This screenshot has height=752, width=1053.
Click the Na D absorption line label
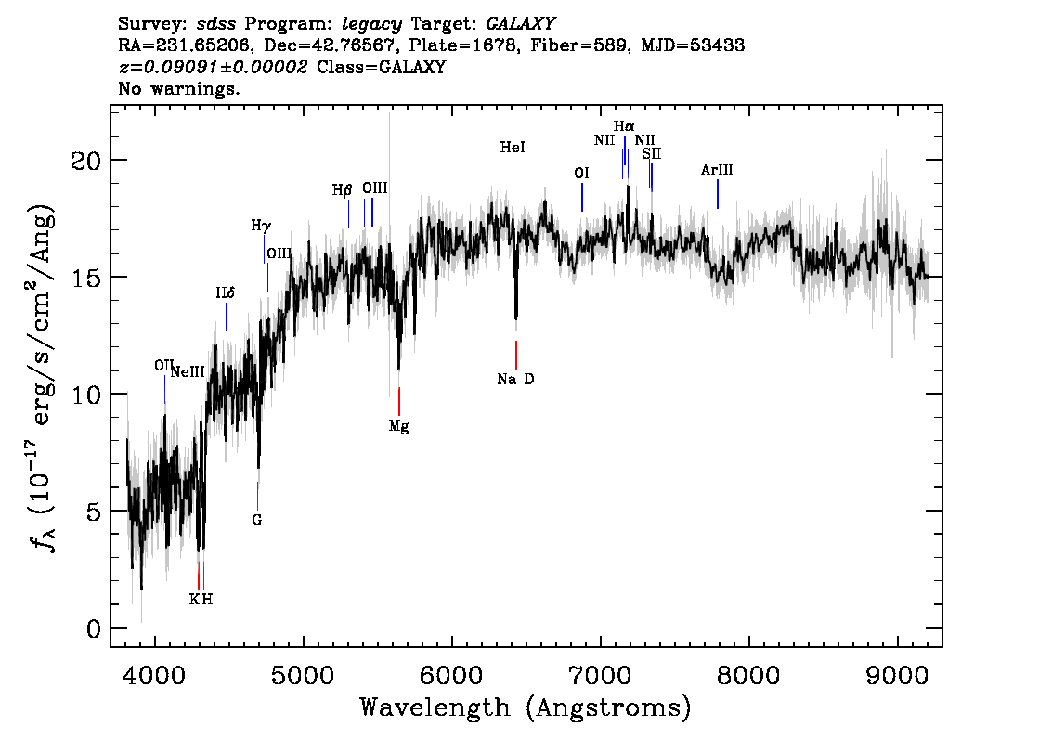(x=515, y=379)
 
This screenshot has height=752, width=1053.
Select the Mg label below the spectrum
(x=398, y=427)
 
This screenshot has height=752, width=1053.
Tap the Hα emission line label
(x=624, y=126)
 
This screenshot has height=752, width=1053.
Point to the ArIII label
(x=717, y=170)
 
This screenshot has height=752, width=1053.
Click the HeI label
(x=513, y=148)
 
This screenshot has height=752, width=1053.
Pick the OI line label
(x=581, y=173)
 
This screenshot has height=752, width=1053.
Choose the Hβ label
(x=343, y=190)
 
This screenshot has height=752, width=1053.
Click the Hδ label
(x=226, y=293)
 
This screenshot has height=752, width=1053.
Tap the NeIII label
(x=187, y=372)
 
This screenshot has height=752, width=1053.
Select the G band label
(x=257, y=520)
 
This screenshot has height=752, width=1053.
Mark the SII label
(x=651, y=153)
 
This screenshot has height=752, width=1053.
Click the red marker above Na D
(x=515, y=355)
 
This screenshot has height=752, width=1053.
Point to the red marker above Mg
(x=399, y=401)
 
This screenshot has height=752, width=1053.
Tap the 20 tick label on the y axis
(x=85, y=161)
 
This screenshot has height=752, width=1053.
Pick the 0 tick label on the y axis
(x=94, y=629)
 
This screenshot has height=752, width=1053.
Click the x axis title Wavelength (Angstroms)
(x=526, y=708)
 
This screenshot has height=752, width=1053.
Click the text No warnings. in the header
(x=180, y=90)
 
